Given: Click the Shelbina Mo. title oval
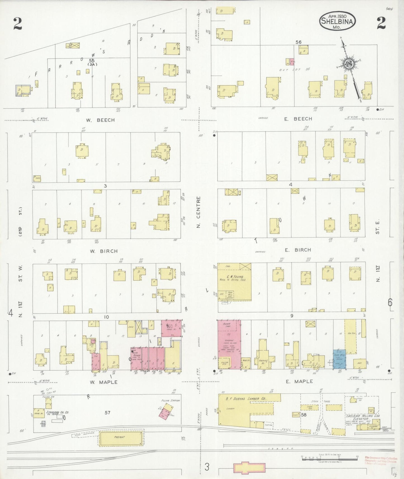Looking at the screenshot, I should tap(338, 20).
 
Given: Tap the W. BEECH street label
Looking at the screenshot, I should tap(100, 120).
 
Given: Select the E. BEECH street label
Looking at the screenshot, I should tap(298, 119).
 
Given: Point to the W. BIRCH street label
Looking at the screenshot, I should tap(103, 251).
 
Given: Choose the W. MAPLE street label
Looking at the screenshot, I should tap(103, 382).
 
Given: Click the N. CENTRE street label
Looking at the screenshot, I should tap(199, 212).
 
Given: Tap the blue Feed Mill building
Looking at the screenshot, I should tap(339, 359).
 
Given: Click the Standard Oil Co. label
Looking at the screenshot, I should tap(59, 412).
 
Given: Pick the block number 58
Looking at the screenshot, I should tap(303, 415).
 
